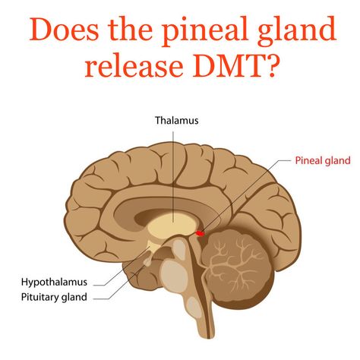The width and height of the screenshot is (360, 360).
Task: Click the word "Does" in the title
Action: pyautogui.click(x=64, y=29)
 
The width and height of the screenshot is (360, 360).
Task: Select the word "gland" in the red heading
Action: pyautogui.click(x=297, y=31)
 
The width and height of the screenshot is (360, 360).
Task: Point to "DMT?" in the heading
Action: pyautogui.click(x=235, y=65)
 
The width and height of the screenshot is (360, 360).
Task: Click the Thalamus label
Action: pyautogui.click(x=177, y=120)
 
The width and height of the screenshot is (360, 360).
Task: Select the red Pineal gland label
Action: pyautogui.click(x=323, y=160)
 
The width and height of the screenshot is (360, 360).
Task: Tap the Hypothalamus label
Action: pyautogui.click(x=54, y=282)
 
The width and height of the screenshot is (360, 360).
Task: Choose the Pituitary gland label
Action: pyautogui.click(x=54, y=297)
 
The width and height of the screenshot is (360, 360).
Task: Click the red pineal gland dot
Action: pyautogui.click(x=201, y=233)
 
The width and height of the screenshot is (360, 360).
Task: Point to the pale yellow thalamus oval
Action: pyautogui.click(x=172, y=226)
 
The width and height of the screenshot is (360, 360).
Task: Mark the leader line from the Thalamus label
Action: pyautogui.click(x=173, y=177)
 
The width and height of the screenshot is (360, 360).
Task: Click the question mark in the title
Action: pyautogui.click(x=269, y=65)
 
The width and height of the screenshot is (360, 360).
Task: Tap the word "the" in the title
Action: pyautogui.click(x=131, y=29)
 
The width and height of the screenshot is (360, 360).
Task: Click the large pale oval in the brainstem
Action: pyautogui.click(x=174, y=276)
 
